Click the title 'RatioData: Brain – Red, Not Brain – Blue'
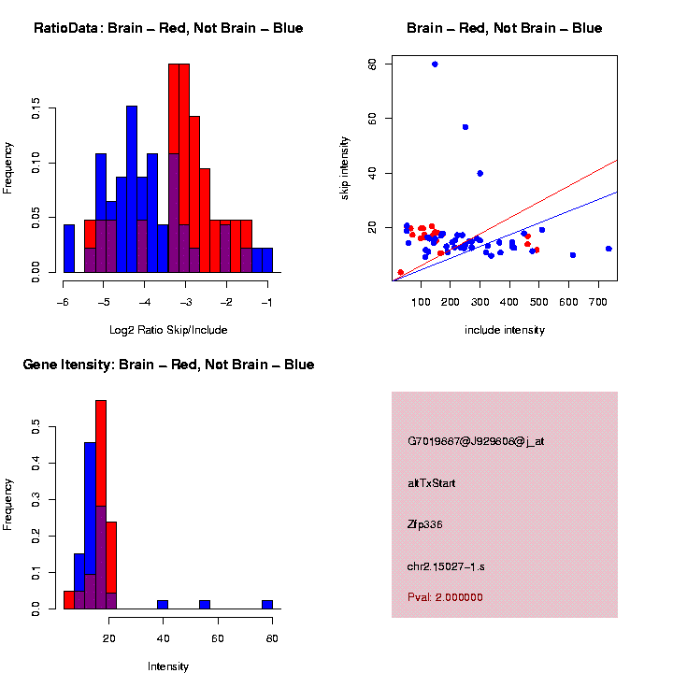click(x=168, y=29)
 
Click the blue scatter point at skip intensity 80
click(x=435, y=64)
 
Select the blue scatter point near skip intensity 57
click(x=465, y=127)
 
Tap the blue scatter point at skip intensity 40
click(x=480, y=173)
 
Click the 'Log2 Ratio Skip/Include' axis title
click(x=167, y=330)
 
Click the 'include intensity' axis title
click(x=505, y=330)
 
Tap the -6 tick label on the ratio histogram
click(x=63, y=303)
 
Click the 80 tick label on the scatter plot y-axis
click(x=372, y=64)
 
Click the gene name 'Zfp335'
click(x=425, y=524)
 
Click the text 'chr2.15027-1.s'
click(x=445, y=566)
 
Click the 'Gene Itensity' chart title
click(x=168, y=365)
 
